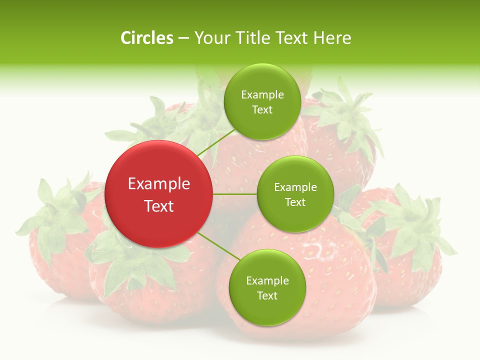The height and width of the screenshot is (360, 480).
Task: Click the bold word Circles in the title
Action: (x=147, y=38)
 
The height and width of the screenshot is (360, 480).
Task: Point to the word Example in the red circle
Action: (x=159, y=184)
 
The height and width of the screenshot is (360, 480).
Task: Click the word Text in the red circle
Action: (x=159, y=205)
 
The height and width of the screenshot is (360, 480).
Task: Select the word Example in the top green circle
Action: (x=262, y=95)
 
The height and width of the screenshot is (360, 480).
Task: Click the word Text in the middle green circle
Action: (x=295, y=202)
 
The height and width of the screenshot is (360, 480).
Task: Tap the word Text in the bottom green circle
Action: (x=267, y=295)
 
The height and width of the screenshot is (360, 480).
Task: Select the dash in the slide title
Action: (x=183, y=38)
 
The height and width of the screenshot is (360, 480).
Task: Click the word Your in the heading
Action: (x=209, y=38)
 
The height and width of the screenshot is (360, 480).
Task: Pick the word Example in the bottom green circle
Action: (x=267, y=280)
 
